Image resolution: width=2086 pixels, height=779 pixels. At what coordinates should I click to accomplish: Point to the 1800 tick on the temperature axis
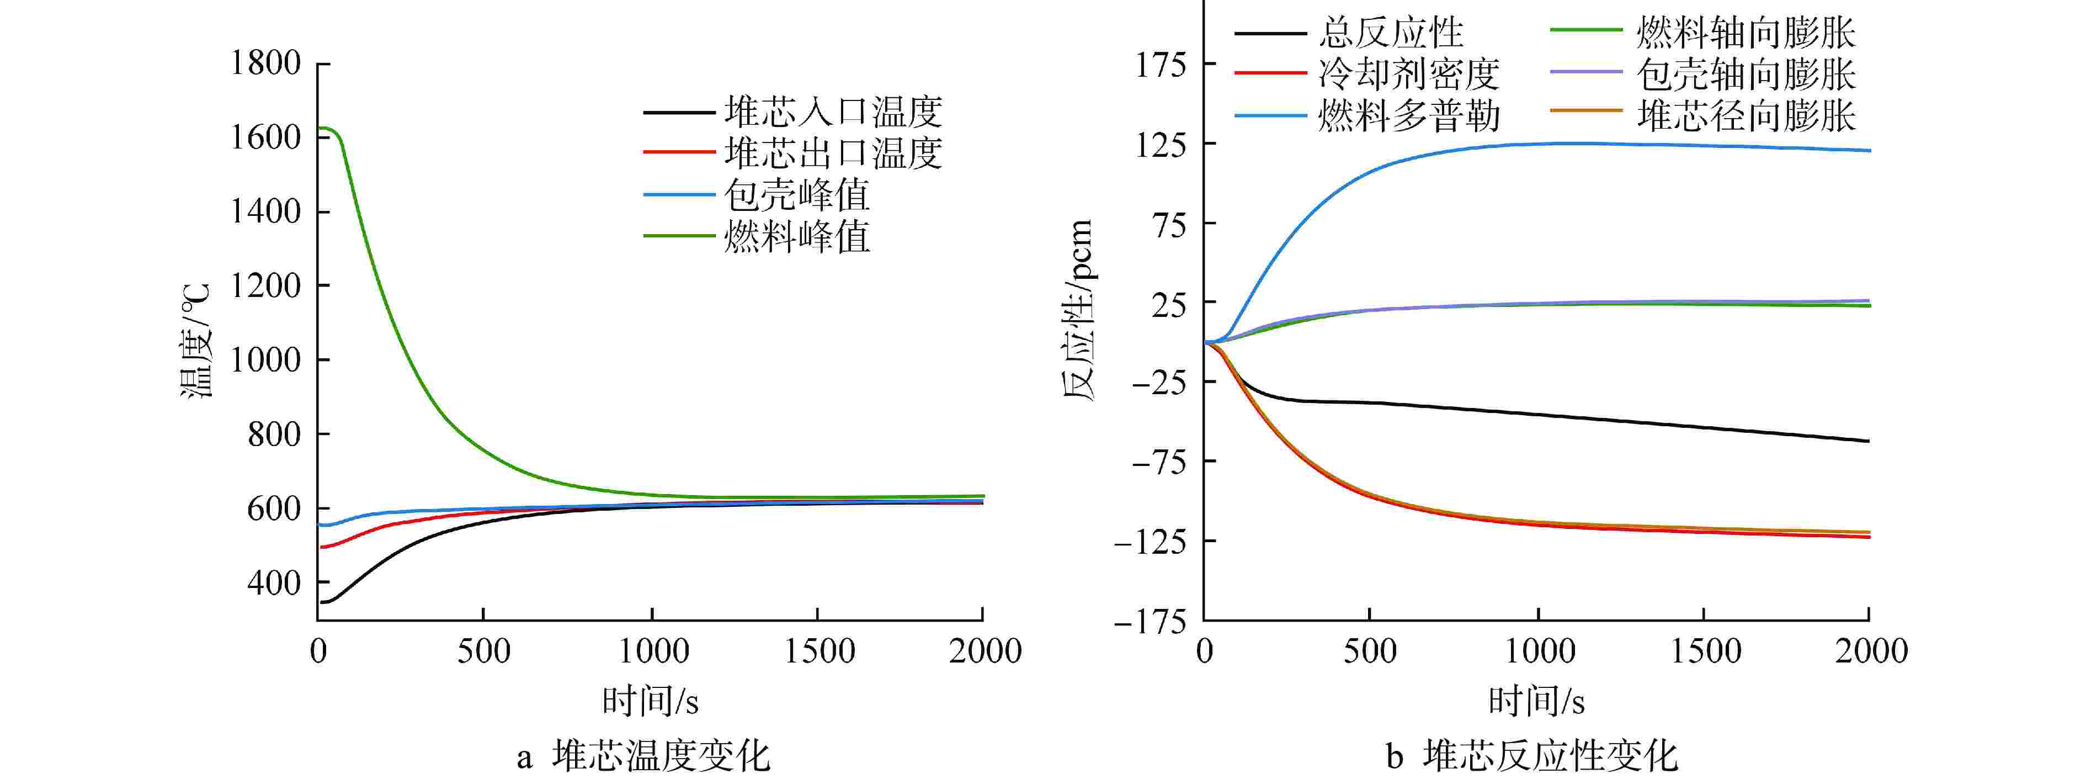(265, 63)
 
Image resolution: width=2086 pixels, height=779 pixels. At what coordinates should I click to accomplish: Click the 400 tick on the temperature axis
(274, 582)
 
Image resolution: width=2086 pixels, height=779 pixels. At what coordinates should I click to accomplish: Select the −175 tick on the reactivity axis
(1150, 623)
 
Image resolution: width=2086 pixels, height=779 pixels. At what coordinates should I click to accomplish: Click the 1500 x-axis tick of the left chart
(819, 651)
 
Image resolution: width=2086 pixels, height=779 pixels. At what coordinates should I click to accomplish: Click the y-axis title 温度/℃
(195, 340)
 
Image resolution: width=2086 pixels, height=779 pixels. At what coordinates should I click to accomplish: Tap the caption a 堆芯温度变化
(644, 756)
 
